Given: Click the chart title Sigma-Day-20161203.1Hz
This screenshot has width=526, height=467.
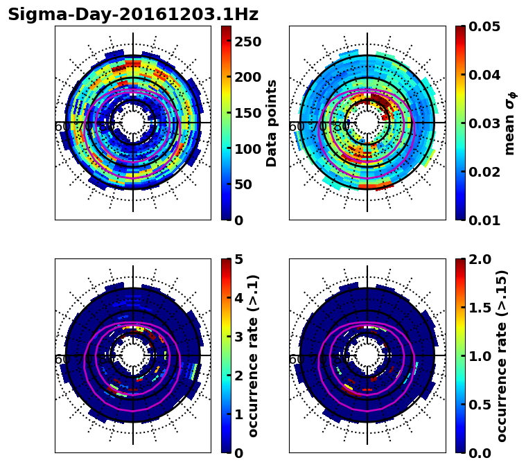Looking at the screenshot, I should [133, 15].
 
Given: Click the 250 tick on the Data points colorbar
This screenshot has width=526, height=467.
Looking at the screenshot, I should [247, 42].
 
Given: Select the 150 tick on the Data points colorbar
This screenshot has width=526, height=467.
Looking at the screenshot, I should [247, 113].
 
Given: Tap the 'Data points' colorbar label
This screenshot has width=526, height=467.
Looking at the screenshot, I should [272, 123].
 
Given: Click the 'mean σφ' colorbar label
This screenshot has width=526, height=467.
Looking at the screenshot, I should [509, 123].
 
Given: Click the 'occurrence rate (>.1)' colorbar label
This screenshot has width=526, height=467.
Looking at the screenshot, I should [253, 355].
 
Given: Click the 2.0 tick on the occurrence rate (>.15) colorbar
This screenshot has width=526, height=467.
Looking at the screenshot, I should [482, 259].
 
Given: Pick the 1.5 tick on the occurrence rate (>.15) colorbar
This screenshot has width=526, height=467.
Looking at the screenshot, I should [482, 308].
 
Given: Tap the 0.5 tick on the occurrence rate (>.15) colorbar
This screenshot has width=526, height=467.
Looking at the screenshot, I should [482, 405].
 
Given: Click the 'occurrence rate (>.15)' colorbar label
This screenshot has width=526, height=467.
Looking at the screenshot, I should [502, 355].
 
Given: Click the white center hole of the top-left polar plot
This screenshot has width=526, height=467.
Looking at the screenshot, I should [133, 123].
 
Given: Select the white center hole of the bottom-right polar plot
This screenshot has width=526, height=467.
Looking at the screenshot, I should [367, 355].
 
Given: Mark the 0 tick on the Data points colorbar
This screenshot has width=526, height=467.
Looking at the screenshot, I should [238, 220].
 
